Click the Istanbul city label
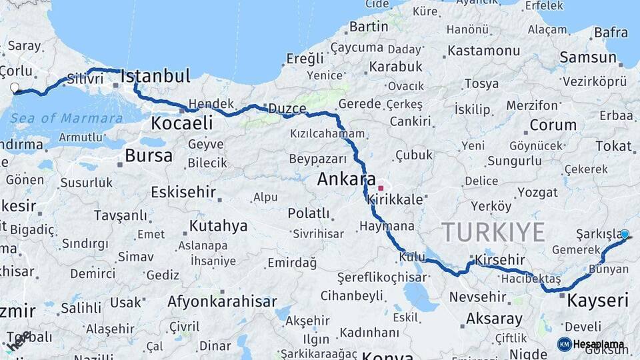[x=155, y=76]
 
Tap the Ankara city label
[x=346, y=179]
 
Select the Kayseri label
[x=597, y=301]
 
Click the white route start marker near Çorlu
[x=15, y=87]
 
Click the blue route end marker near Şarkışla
[x=625, y=234]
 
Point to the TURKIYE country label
[x=494, y=232]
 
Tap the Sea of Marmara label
[x=66, y=118]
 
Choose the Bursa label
[x=148, y=156]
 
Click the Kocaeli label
[x=181, y=123]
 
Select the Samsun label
[x=588, y=57]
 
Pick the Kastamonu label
[x=483, y=51]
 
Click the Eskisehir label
[x=183, y=192]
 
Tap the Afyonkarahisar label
[x=222, y=301]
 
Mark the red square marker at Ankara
[x=381, y=188]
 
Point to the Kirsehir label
[x=497, y=260]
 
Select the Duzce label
[x=287, y=108]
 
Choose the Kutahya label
[x=218, y=225]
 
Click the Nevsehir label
[x=478, y=297]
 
